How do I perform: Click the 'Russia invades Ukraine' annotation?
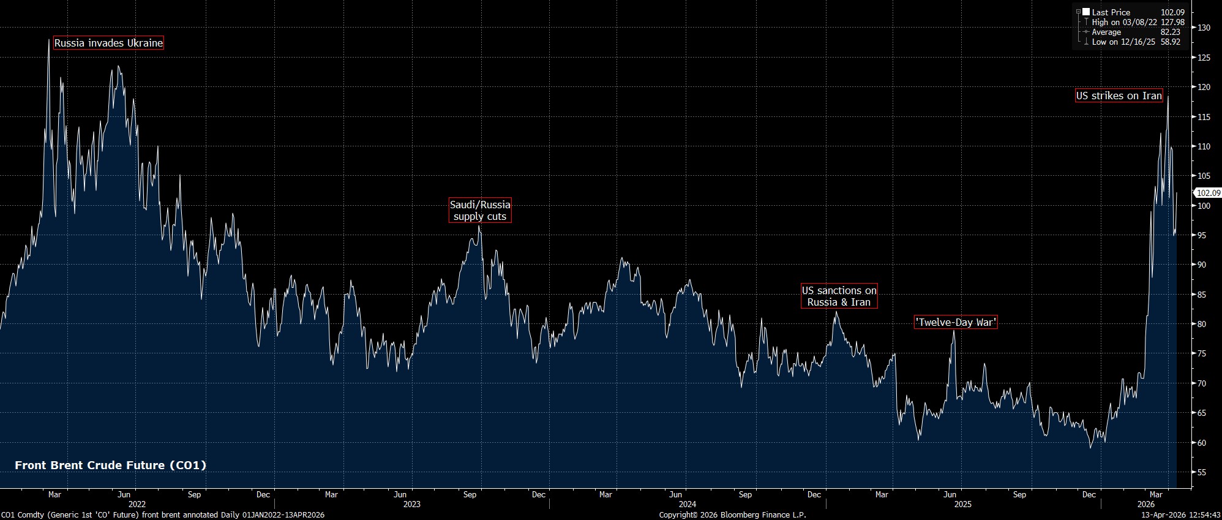(x=108, y=43)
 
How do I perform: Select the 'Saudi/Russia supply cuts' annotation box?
(x=480, y=210)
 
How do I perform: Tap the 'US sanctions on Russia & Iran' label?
(x=839, y=296)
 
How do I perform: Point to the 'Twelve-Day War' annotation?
(x=955, y=322)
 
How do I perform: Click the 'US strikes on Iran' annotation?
(x=1119, y=96)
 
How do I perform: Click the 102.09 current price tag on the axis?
(x=1208, y=192)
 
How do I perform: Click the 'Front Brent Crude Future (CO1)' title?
(x=110, y=465)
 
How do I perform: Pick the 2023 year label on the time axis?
(x=411, y=504)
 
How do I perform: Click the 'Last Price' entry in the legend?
(x=1111, y=12)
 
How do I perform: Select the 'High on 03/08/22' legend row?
(x=1124, y=22)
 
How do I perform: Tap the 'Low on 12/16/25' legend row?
(x=1124, y=42)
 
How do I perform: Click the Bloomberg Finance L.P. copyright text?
(x=732, y=515)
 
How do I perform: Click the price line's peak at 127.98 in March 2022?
(x=49, y=40)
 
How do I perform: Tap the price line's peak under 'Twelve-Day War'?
(x=953, y=331)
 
